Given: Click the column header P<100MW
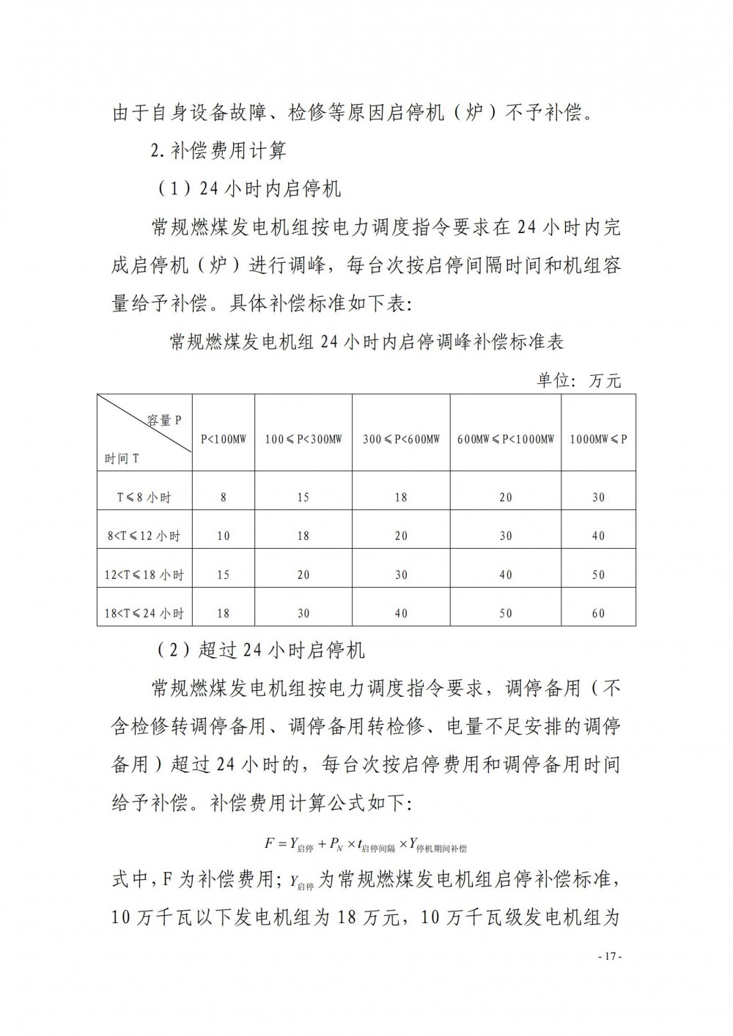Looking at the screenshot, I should (x=224, y=440).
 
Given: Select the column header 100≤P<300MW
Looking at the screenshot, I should (x=303, y=440).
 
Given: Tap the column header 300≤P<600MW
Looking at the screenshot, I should (x=401, y=440).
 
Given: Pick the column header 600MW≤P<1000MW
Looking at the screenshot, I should (x=506, y=440).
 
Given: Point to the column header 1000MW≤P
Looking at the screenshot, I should (x=598, y=440).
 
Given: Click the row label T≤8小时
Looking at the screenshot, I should (x=144, y=497).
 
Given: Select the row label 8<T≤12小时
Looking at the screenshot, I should (x=144, y=536).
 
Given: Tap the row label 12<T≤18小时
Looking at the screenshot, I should (x=144, y=574).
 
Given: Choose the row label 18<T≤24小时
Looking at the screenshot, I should (x=144, y=613).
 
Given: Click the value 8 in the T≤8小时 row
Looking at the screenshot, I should (x=224, y=497).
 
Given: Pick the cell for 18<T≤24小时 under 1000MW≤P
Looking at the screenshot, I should (x=598, y=613).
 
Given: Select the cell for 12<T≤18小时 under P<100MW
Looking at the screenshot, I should (x=224, y=574).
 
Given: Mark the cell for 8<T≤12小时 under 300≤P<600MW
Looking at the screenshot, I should (x=401, y=536).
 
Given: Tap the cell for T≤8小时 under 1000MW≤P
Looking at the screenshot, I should (x=598, y=497).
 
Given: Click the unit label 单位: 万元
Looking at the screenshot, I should (x=579, y=380).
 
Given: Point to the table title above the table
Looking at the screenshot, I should (x=366, y=342).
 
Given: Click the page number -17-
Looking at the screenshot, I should (x=610, y=956).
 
